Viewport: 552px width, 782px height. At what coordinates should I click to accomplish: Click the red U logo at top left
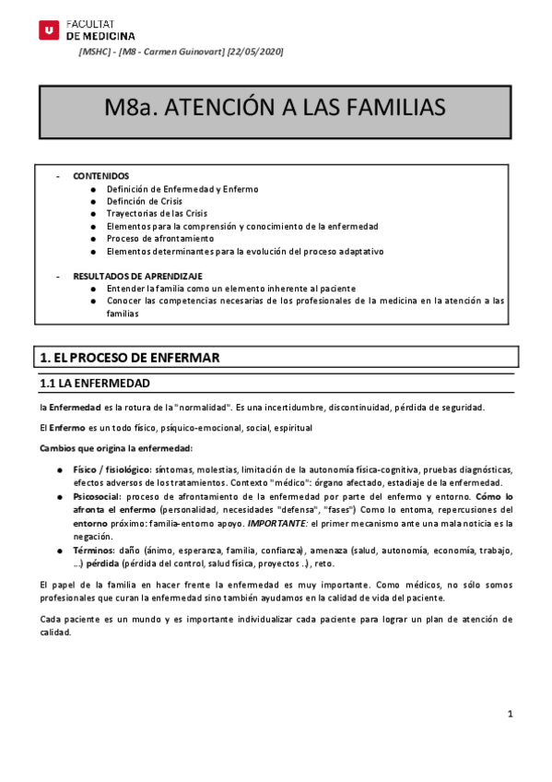coord(48,30)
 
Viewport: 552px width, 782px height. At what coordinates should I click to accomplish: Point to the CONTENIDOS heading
coord(101,176)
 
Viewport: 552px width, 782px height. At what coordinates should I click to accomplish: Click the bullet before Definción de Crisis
coord(93,201)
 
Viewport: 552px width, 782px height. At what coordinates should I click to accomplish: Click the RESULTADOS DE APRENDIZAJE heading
coord(137,276)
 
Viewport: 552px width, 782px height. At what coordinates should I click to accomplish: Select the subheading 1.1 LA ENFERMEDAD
coord(94,383)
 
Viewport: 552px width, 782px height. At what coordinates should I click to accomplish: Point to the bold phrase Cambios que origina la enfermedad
coord(115,448)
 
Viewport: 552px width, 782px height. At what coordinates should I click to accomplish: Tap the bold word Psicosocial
coord(97,496)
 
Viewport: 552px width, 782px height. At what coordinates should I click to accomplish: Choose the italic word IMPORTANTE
coord(310,523)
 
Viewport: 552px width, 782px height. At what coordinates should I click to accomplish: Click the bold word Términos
coord(93,550)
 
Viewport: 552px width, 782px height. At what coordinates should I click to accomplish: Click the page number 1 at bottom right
coord(510,715)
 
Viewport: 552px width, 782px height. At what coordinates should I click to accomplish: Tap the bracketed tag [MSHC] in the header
coord(95,52)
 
